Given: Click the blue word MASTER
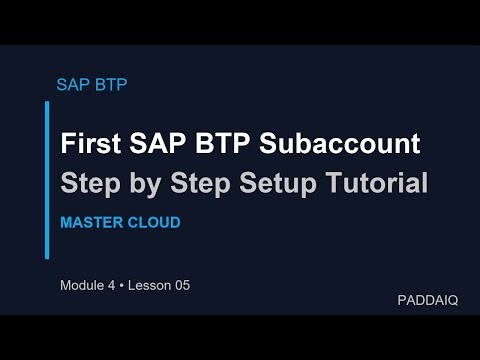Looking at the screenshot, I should click(x=92, y=222).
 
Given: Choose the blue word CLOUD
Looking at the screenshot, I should click(x=153, y=222).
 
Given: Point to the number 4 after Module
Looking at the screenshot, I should click(x=117, y=285).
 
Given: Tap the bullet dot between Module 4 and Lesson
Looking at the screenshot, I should click(x=127, y=285).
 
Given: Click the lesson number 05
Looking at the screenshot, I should click(x=182, y=285).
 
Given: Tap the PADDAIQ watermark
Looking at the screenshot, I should click(x=427, y=300).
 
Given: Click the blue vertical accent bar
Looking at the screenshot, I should click(x=47, y=179).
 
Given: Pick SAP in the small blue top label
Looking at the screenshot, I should click(x=74, y=84).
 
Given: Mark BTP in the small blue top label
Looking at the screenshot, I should click(x=110, y=84).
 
